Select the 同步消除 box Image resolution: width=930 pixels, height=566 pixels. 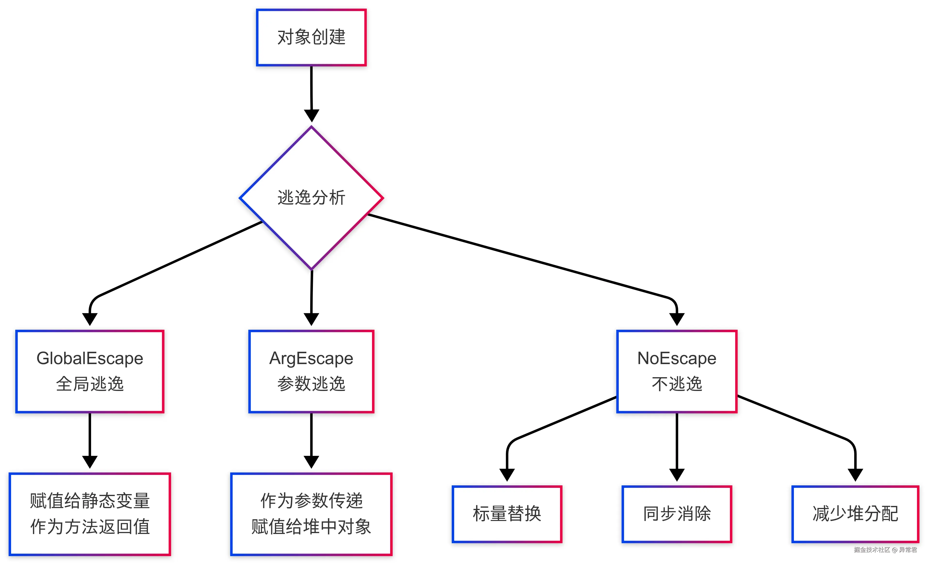(676, 514)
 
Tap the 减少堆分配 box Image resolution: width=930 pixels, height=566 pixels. (855, 514)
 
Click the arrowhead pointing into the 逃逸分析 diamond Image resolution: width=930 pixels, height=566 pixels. (311, 115)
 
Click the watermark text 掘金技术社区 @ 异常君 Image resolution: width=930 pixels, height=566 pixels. (885, 550)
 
